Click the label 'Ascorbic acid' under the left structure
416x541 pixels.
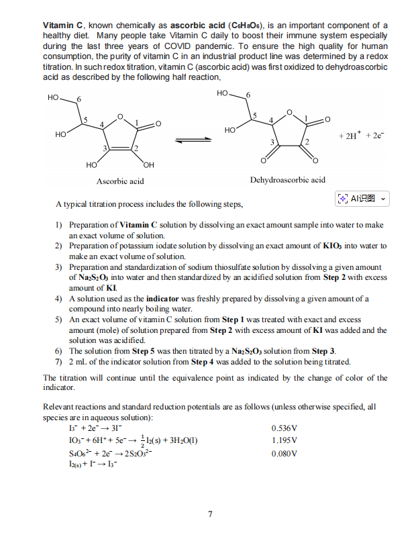point(120,181)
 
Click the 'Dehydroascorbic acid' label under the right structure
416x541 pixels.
point(287,179)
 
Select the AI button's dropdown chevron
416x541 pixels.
point(382,199)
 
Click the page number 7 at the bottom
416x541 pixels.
point(210,515)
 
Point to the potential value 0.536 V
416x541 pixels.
point(285,428)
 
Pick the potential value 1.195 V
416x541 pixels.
point(285,440)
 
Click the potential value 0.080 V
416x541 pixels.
point(285,454)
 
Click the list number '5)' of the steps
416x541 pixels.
point(58,319)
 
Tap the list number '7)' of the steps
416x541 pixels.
point(58,362)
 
